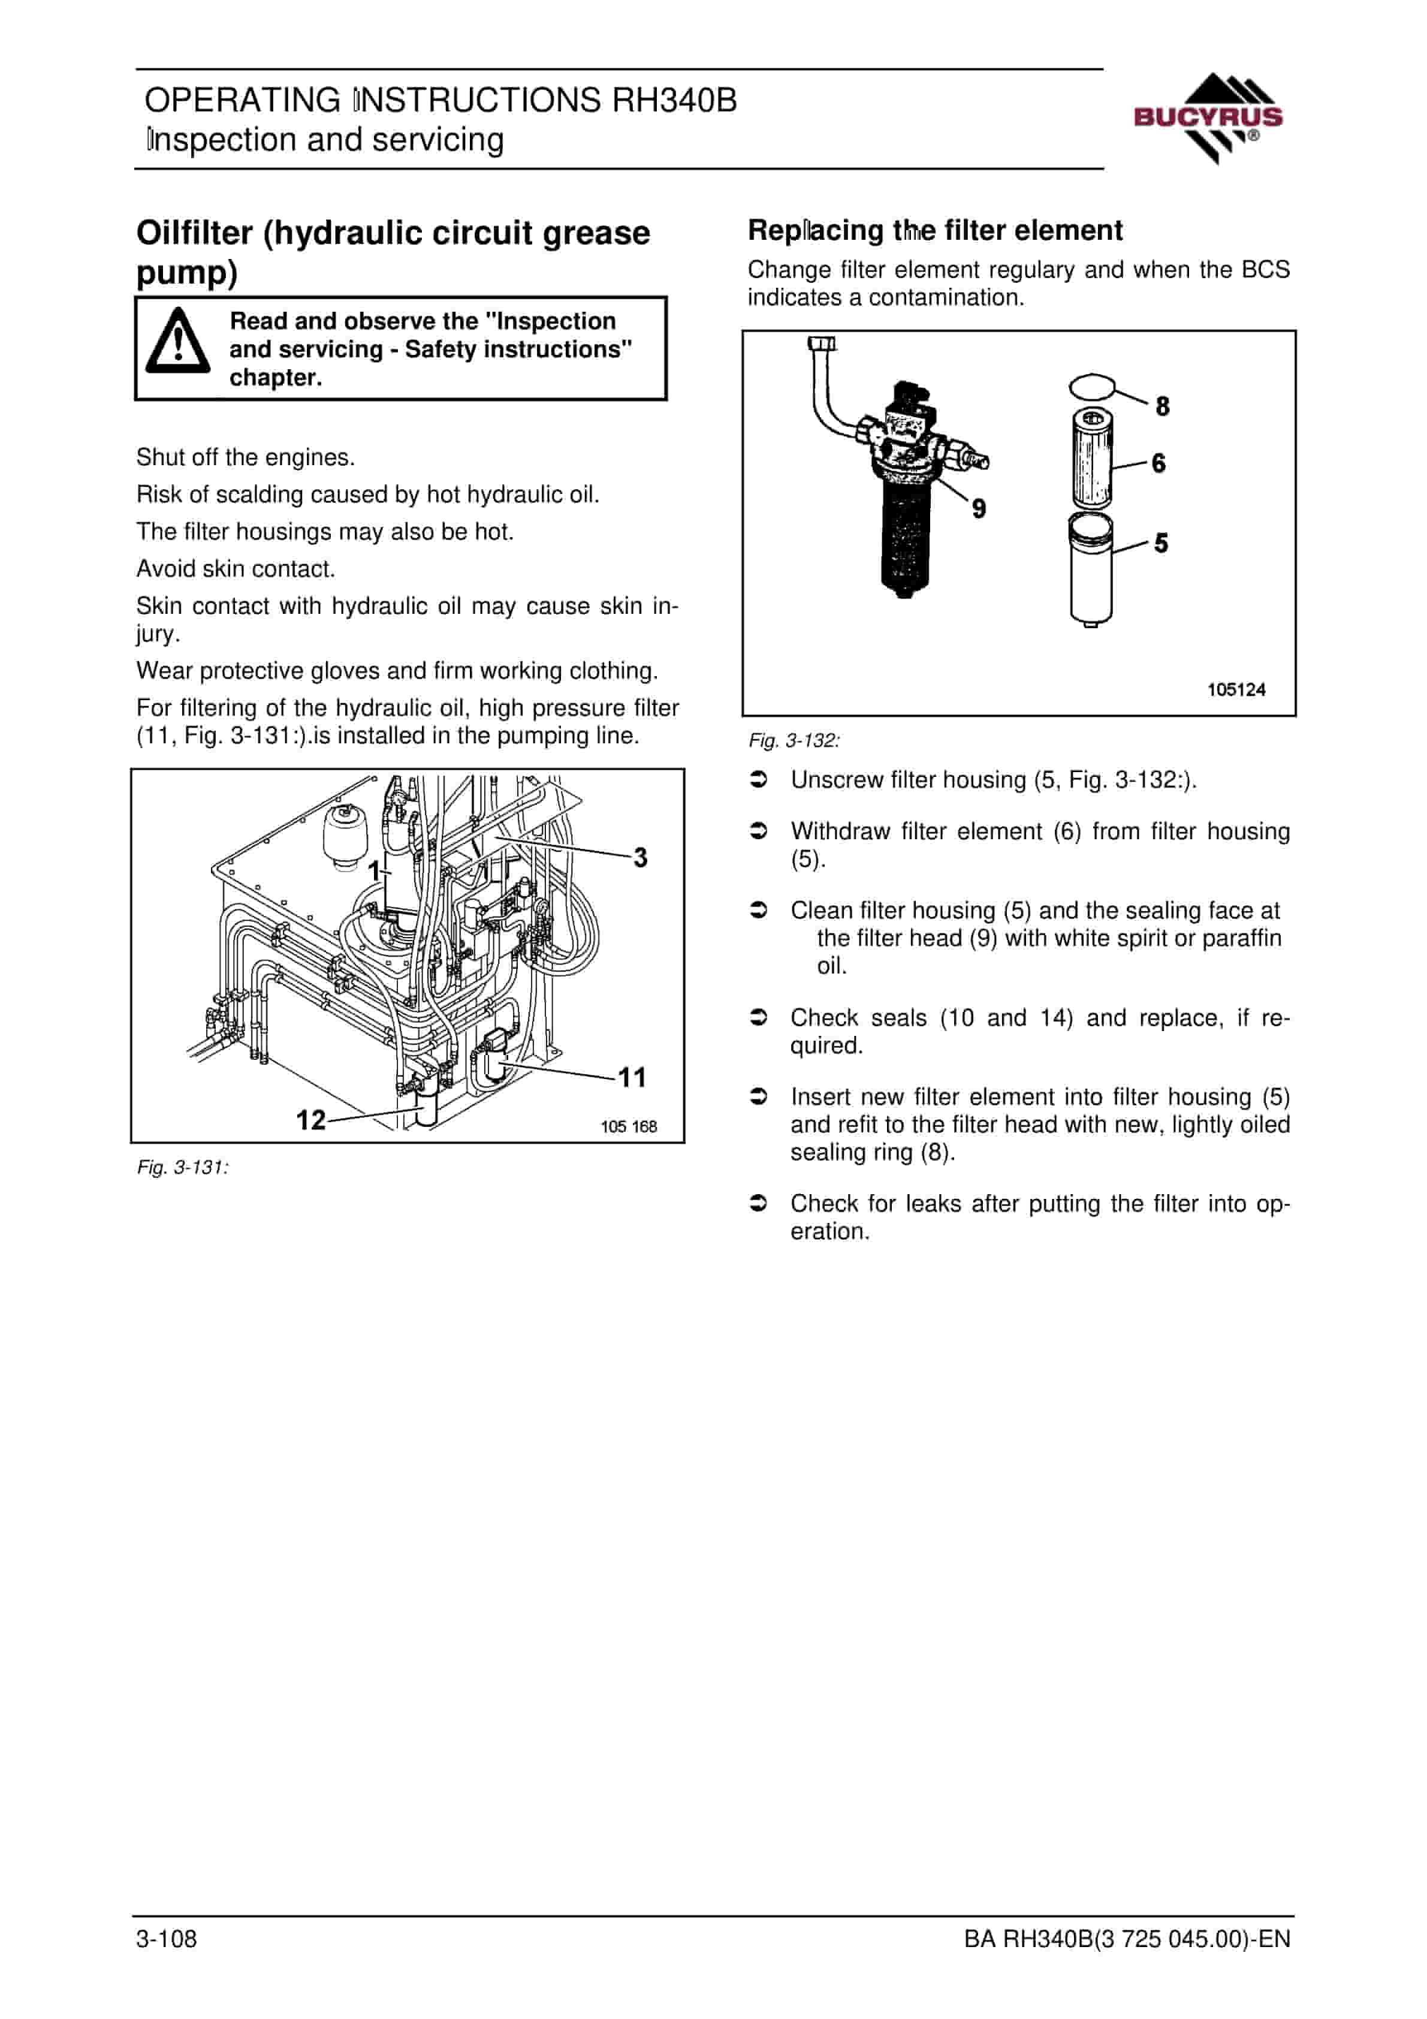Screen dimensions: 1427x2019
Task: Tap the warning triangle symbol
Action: pos(177,340)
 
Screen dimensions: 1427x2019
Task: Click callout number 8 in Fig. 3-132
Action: pos(1162,406)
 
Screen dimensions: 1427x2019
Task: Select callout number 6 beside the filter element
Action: pos(1159,463)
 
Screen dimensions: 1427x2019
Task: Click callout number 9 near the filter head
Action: pos(979,508)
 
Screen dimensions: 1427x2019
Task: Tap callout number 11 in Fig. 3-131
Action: pos(632,1077)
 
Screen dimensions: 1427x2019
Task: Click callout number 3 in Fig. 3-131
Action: pos(640,857)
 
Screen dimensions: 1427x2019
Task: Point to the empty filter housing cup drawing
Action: pos(1091,570)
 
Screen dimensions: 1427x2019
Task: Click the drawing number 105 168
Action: pos(629,1126)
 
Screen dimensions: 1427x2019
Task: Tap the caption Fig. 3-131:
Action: pos(183,1168)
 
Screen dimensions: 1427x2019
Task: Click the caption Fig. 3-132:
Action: pos(794,740)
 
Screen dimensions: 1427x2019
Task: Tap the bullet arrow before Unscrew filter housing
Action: pos(758,780)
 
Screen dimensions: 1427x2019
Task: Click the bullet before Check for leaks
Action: pos(758,1203)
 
